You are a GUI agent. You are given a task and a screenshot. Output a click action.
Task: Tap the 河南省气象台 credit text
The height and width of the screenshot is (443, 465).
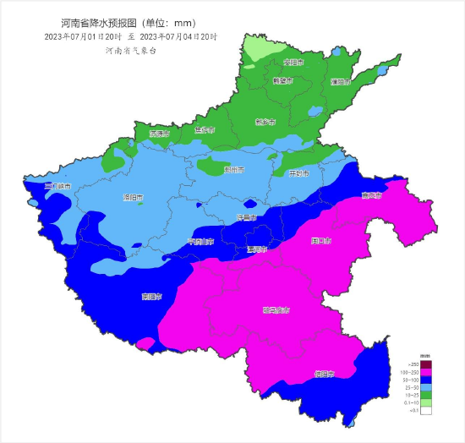132,51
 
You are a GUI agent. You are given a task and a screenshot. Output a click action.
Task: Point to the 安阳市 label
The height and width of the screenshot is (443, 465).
293,63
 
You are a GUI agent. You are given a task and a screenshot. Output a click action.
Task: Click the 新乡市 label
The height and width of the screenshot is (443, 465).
265,122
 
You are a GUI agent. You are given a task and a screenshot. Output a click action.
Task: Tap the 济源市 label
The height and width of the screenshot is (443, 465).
159,134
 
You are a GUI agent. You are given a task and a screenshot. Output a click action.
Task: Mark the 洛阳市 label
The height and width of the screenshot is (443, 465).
134,199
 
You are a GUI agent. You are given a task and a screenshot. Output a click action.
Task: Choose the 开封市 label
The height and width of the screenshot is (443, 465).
298,173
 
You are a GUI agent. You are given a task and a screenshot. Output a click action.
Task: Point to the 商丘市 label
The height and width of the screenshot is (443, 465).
371,196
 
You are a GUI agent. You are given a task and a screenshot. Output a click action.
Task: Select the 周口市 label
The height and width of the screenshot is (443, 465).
320,241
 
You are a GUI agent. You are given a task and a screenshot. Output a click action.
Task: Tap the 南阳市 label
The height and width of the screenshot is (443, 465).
153,297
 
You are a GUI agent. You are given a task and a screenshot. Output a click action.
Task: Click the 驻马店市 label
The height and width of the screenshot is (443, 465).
276,310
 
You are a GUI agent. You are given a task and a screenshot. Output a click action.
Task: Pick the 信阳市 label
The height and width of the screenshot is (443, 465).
324,373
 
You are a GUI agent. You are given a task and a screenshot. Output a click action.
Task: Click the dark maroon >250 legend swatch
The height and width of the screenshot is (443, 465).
427,364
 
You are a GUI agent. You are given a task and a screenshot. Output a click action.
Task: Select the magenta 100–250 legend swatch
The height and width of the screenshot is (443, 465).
427,372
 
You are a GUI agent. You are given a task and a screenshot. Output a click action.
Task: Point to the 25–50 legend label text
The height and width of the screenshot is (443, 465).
413,387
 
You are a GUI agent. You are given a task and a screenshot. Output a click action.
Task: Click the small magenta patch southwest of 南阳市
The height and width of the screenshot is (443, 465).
146,342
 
